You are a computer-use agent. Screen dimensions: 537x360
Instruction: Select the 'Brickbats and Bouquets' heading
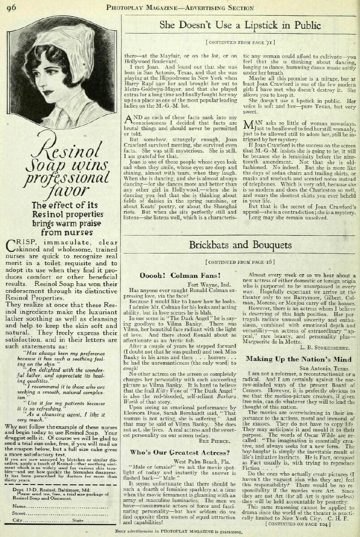[x=240, y=245]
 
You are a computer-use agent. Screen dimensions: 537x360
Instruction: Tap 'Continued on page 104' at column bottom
[x=298, y=524]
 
